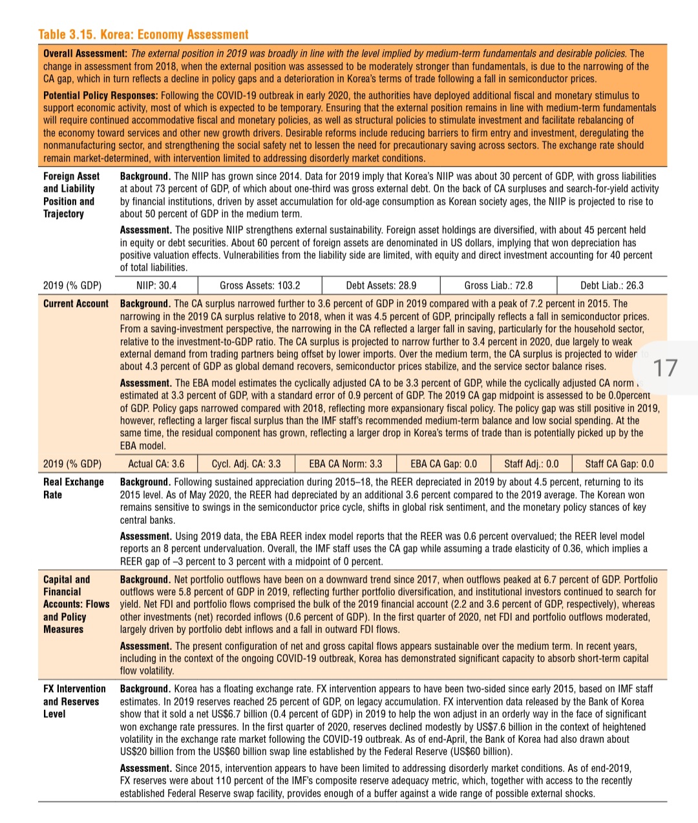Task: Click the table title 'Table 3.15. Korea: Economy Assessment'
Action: point(143,35)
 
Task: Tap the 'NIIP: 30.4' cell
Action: point(156,286)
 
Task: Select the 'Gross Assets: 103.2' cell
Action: point(260,286)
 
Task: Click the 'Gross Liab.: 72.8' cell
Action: point(498,286)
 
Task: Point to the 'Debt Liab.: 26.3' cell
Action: point(611,286)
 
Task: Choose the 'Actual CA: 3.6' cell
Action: point(156,464)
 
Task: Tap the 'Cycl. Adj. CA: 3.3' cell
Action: point(246,464)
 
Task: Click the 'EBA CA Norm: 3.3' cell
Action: point(345,464)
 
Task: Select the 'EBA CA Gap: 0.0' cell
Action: point(443,464)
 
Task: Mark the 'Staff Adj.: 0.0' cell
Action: point(531,464)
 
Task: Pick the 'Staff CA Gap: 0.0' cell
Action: point(619,464)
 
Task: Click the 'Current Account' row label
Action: point(76,304)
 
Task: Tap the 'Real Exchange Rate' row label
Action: point(73,488)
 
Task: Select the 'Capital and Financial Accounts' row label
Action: point(76,604)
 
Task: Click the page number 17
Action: point(665,368)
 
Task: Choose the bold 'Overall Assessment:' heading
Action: point(85,54)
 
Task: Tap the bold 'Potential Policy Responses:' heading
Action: point(101,96)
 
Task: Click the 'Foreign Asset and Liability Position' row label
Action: point(71,194)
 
